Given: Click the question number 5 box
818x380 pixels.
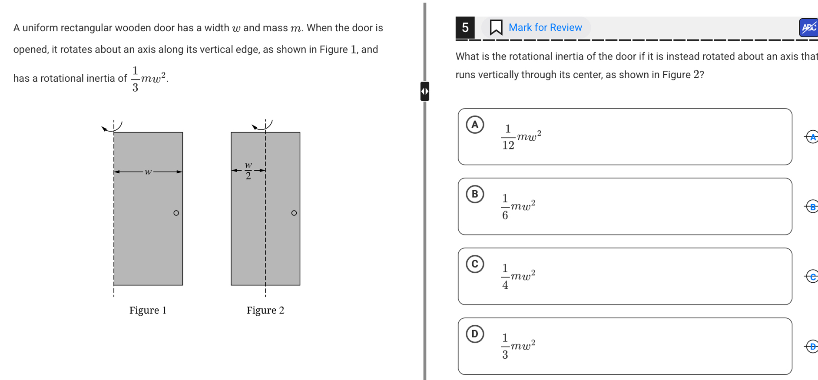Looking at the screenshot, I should tap(465, 27).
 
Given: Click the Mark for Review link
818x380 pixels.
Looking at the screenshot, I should tap(545, 27).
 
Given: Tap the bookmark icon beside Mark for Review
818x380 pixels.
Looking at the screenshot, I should tap(496, 27).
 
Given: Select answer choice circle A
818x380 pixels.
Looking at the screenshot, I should tap(475, 125).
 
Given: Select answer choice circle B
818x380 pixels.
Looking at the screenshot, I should tap(475, 194).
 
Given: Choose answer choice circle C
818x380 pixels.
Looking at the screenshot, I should tap(475, 264).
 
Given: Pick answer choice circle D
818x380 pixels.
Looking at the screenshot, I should tap(475, 334).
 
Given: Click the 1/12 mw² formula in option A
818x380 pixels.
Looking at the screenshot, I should tap(521, 137).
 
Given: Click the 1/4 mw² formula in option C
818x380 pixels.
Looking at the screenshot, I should tap(518, 276).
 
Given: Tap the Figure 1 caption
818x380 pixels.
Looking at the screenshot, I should tap(148, 310).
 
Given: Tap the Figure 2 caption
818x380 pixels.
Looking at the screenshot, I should tap(265, 310).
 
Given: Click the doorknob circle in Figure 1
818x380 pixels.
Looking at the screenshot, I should tap(176, 213).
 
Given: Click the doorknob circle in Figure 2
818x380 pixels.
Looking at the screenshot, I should tap(294, 213).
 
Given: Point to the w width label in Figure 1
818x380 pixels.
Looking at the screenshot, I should tap(148, 172).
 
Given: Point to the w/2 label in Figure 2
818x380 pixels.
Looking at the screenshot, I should tap(248, 170).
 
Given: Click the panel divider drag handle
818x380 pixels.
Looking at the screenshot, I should tap(424, 91).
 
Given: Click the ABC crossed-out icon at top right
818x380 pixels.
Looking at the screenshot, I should tap(809, 27).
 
